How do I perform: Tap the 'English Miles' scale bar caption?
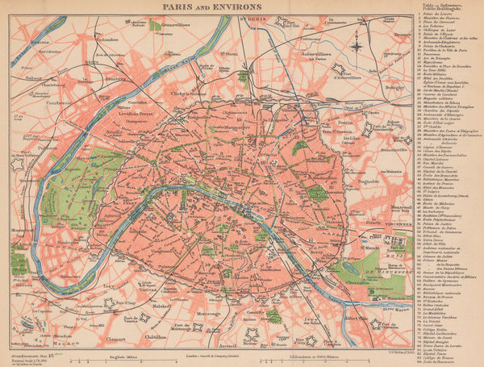pyautogui.click(x=129, y=356)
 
